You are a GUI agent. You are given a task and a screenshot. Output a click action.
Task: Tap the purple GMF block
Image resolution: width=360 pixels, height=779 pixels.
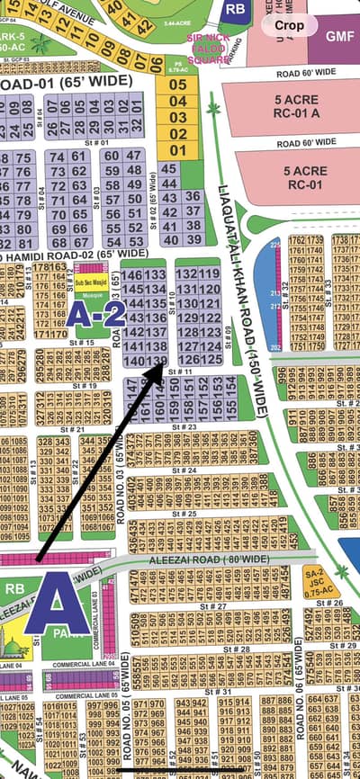coord(339,35)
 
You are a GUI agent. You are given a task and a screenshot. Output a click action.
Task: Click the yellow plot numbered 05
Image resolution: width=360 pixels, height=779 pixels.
coord(178,85)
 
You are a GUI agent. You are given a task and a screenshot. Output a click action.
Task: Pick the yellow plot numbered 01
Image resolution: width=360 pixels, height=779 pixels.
coord(178,150)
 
